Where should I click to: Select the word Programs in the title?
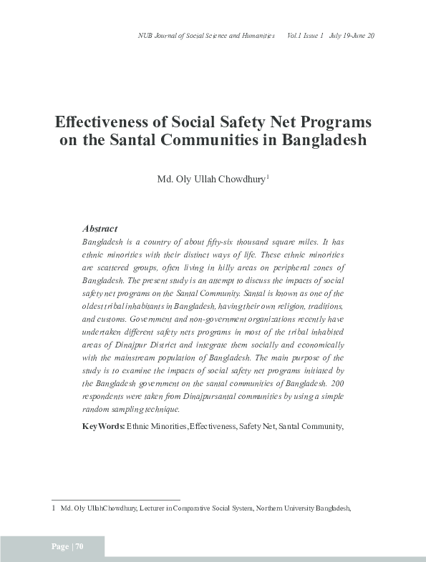tap(336, 121)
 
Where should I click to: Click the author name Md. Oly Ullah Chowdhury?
tap(210, 178)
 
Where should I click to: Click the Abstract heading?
tap(100, 229)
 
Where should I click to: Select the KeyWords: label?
tap(104, 426)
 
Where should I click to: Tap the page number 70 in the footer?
tap(79, 547)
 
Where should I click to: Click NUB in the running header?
tap(144, 36)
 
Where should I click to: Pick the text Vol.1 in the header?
tap(295, 36)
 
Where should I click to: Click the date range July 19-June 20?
tap(352, 36)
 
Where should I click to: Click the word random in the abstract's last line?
tap(95, 410)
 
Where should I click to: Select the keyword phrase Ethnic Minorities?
tap(157, 426)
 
